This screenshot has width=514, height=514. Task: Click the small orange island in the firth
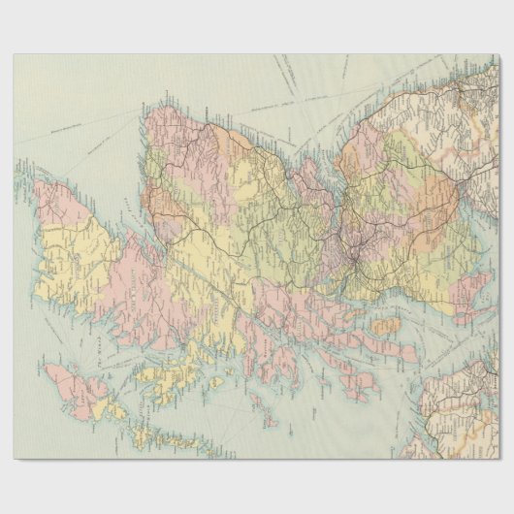pyautogui.click(x=387, y=327)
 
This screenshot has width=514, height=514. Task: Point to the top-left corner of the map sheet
pyautogui.click(x=14, y=54)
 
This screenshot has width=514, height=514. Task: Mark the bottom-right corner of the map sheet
pyautogui.click(x=499, y=459)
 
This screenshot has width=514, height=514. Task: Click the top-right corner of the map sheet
pyautogui.click(x=499, y=54)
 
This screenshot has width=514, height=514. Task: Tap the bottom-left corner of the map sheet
pyautogui.click(x=14, y=459)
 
